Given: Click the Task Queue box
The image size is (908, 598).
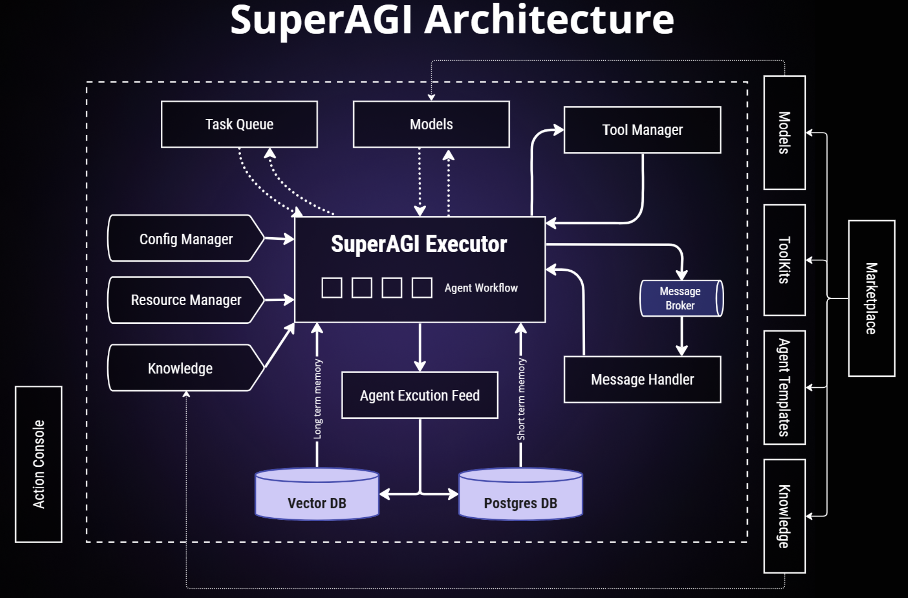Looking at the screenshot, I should [x=239, y=124].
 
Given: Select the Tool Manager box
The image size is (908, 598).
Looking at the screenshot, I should [x=642, y=130].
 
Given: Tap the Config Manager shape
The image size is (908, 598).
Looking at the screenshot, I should [x=185, y=238].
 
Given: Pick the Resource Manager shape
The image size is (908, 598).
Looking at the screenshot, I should [x=185, y=300].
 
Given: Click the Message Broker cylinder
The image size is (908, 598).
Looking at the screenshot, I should [x=680, y=299].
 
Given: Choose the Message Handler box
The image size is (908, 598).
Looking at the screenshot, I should [x=642, y=379].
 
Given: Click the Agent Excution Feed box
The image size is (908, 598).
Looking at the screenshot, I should [x=420, y=395].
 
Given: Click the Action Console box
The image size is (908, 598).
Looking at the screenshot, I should [x=38, y=464].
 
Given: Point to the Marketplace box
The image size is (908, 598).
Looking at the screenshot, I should [x=871, y=298].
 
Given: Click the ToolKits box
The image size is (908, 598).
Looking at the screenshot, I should [x=784, y=260].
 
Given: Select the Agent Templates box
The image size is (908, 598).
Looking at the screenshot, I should [x=784, y=387].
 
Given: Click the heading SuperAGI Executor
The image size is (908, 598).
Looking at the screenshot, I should [x=419, y=244].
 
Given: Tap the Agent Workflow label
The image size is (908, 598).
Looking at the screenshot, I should [x=481, y=288].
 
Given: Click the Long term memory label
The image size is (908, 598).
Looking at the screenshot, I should [x=318, y=399].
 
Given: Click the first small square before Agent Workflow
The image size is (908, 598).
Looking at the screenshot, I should [x=332, y=288].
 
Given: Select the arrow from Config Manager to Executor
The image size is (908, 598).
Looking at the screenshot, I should [x=279, y=239].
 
